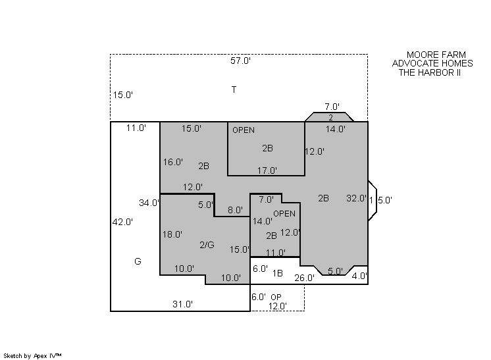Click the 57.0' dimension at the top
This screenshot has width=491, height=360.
pyautogui.click(x=240, y=61)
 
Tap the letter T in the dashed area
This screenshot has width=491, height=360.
pyautogui.click(x=234, y=90)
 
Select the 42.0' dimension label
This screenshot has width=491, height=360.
pyautogui.click(x=122, y=222)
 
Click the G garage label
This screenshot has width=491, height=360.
pyautogui.click(x=138, y=261)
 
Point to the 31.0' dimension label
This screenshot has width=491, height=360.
pyautogui.click(x=182, y=304)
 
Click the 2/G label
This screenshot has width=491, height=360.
pyautogui.click(x=207, y=245)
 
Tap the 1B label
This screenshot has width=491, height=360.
pyautogui.click(x=278, y=273)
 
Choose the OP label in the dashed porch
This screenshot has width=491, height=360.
pyautogui.click(x=276, y=297)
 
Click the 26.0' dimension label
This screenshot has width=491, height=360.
pyautogui.click(x=304, y=278)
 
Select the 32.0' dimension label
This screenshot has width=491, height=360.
pyautogui.click(x=356, y=198)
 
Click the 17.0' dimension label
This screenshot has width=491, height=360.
pyautogui.click(x=267, y=170)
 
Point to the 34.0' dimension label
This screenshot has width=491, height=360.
pyautogui.click(x=149, y=203)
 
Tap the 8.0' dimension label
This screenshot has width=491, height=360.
pyautogui.click(x=235, y=210)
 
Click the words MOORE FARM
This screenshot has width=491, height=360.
pyautogui.click(x=436, y=55)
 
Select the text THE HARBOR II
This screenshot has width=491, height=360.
pyautogui.click(x=430, y=72)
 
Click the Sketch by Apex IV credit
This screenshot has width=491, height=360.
pyautogui.click(x=32, y=355)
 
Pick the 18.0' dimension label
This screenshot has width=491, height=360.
pyautogui.click(x=172, y=234)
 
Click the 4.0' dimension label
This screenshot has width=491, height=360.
pyautogui.click(x=359, y=276)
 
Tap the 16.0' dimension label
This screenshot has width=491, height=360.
pyautogui.click(x=173, y=162)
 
